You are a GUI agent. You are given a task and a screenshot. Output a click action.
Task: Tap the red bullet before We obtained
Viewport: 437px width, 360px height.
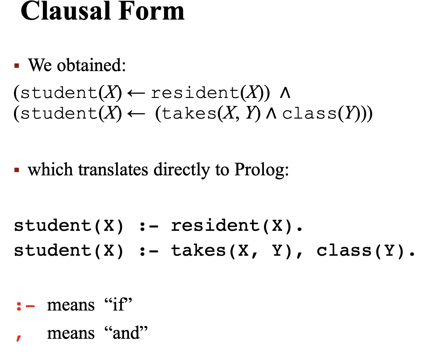tap(17, 65)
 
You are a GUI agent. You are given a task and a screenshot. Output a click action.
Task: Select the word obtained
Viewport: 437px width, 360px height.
tap(91, 65)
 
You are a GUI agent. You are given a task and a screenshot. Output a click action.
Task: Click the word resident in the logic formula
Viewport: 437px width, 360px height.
tap(195, 93)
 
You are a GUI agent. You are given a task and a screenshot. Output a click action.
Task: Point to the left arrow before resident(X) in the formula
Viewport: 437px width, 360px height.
tap(136, 93)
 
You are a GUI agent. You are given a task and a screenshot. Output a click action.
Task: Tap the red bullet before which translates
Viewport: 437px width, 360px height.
tap(17, 170)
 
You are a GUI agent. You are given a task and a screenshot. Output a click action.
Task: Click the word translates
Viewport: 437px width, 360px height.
tap(113, 170)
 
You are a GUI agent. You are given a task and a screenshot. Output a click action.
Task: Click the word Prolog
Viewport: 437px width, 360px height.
tap(261, 170)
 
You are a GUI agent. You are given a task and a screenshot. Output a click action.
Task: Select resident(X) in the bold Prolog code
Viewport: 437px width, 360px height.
tap(236, 226)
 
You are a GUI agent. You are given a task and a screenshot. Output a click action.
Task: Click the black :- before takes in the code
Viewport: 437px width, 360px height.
tap(148, 251)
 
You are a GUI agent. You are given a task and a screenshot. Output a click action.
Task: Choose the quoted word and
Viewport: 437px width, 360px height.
tap(126, 333)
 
